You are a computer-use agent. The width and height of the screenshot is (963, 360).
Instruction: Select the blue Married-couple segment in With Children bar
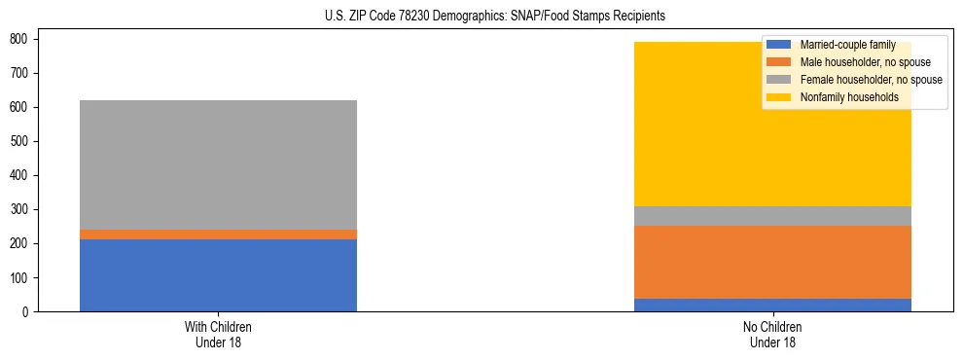point(218,275)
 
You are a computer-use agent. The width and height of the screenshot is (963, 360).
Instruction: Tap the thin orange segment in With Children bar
point(218,234)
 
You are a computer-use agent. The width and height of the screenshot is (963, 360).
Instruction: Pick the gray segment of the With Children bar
point(218,165)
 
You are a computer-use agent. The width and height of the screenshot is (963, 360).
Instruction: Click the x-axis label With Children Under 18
point(218,334)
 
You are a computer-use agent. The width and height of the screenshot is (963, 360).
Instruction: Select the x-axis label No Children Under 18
point(772,334)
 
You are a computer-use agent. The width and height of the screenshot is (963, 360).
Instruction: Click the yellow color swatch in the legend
point(779,97)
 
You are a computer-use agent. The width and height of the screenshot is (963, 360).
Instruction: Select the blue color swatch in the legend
point(779,45)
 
